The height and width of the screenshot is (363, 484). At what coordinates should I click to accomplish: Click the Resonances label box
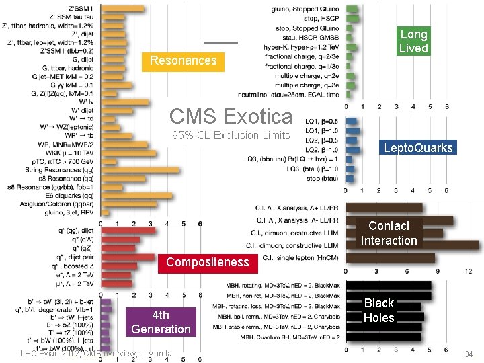point(184,61)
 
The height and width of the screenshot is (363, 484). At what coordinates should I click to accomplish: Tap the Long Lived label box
point(413,41)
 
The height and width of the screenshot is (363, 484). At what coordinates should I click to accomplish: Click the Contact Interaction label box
point(389,233)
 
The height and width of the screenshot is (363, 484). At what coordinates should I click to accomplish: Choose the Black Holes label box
point(378,311)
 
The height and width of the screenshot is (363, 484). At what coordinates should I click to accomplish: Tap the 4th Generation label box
point(161,322)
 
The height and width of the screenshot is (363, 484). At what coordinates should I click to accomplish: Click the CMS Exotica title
point(231,116)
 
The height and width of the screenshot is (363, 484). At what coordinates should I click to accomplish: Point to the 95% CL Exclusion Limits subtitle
point(231,135)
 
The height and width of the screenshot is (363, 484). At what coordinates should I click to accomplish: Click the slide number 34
point(469,354)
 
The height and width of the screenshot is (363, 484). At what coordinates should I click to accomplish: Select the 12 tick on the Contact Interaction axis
point(468,270)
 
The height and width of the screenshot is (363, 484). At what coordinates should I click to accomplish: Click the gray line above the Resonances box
point(221,42)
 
